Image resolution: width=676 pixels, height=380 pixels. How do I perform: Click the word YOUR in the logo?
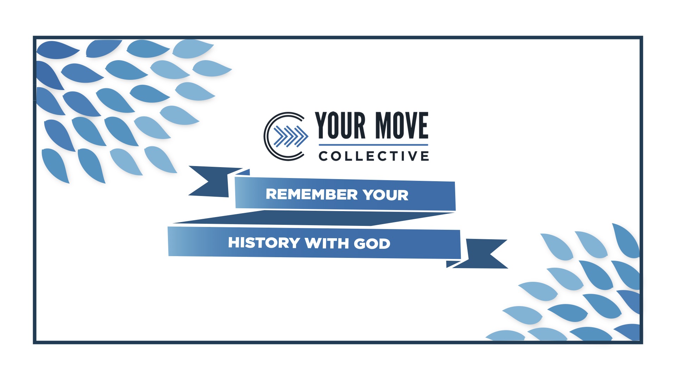click(340, 125)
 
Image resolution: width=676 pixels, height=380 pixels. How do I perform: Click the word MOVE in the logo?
click(401, 125)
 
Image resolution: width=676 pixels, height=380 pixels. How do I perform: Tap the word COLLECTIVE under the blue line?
click(374, 156)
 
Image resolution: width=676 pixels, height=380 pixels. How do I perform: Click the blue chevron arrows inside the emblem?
click(291, 136)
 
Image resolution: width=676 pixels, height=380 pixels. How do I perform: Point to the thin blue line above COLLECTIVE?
click(373, 145)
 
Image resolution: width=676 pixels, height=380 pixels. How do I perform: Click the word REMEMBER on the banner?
click(312, 194)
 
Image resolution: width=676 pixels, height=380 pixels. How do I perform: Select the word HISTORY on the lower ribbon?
click(264, 243)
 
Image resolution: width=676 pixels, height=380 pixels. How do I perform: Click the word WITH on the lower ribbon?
click(327, 243)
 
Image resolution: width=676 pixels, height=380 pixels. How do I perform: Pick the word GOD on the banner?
click(372, 244)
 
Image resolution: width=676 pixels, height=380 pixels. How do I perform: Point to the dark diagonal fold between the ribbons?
click(313, 218)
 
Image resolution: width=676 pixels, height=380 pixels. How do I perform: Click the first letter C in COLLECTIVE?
click(323, 156)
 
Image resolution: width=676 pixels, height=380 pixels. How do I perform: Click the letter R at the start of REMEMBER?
click(271, 194)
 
